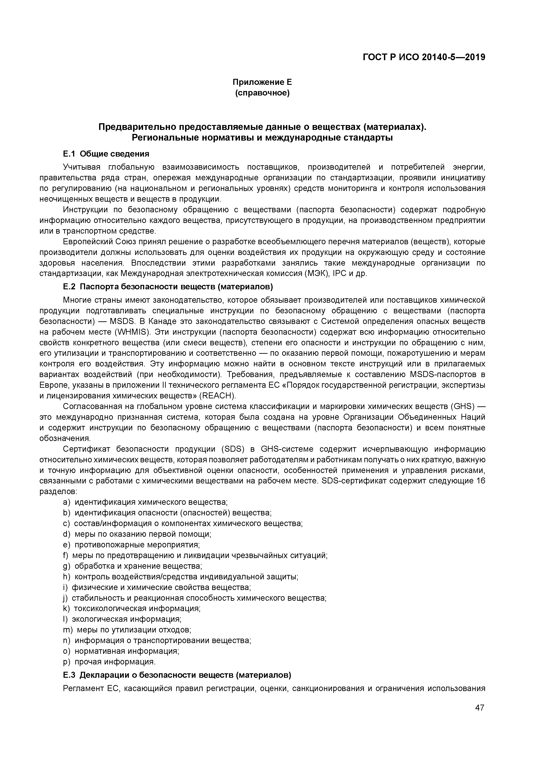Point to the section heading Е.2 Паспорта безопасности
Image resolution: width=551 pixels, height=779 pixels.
tap(168, 287)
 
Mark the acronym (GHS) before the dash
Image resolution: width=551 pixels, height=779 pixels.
tap(464, 406)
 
